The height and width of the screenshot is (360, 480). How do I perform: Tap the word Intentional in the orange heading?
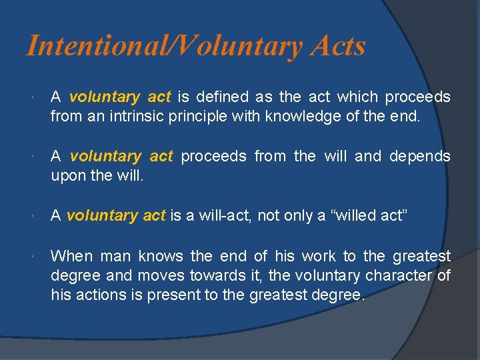point(88,46)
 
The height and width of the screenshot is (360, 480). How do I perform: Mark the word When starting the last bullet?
point(72,256)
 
